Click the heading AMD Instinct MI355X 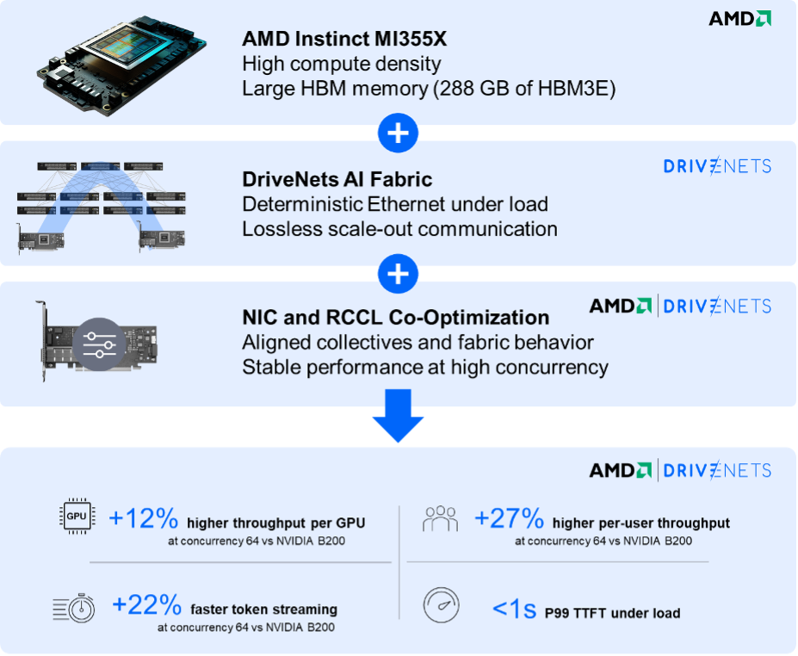(x=356, y=39)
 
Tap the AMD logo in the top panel (x=739, y=18)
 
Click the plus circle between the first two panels (x=399, y=133)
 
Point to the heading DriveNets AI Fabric (x=337, y=180)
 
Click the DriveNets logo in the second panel (x=717, y=166)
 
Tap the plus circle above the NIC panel (x=399, y=274)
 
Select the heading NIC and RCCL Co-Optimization (x=395, y=317)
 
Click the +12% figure (x=143, y=519)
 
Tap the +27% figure (x=509, y=519)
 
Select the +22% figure (x=145, y=605)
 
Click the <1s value (x=514, y=610)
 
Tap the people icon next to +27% (x=440, y=519)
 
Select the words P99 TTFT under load (x=612, y=613)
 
